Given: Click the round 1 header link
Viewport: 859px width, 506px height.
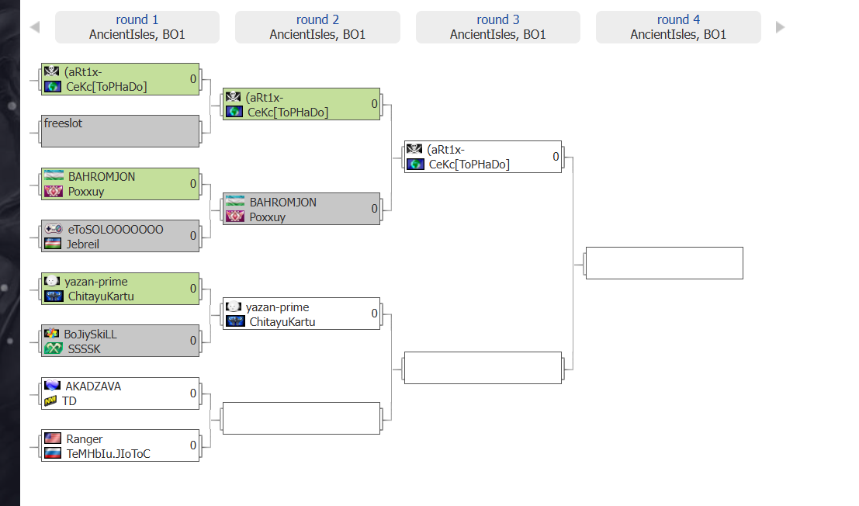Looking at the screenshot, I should click(x=137, y=19).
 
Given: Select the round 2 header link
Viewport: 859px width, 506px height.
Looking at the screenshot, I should click(x=317, y=19).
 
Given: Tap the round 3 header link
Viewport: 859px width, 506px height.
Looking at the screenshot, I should click(x=498, y=19).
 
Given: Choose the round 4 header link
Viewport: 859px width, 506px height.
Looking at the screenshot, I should click(x=678, y=19).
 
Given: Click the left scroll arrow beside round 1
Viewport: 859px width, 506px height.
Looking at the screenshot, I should click(x=34, y=27).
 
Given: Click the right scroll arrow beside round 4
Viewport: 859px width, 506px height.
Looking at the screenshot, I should click(x=780, y=27).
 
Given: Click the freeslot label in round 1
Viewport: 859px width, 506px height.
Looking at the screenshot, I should click(x=63, y=123).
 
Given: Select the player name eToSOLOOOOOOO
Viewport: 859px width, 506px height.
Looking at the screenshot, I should click(x=115, y=230).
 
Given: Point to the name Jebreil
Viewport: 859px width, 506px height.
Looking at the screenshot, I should click(x=83, y=244).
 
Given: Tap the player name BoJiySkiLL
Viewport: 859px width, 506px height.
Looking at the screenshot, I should click(x=90, y=334).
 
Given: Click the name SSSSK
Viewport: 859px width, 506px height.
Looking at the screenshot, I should click(x=84, y=348).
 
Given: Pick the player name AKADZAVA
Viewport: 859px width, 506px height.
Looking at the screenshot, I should click(x=93, y=386).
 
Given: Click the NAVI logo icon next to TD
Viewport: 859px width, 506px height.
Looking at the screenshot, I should click(x=50, y=400).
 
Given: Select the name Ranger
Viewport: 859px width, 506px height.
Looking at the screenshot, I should click(x=84, y=439).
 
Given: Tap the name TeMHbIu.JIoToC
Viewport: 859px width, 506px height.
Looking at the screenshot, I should click(x=109, y=453).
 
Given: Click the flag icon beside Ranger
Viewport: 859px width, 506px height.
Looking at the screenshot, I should click(x=53, y=438).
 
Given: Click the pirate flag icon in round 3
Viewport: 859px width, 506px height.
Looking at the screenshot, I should click(x=415, y=150).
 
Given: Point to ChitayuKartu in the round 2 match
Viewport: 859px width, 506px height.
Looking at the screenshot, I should click(x=282, y=321).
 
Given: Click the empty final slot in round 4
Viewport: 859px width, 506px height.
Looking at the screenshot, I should click(x=663, y=263).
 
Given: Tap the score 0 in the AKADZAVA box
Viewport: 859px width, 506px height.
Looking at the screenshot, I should click(x=193, y=393).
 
